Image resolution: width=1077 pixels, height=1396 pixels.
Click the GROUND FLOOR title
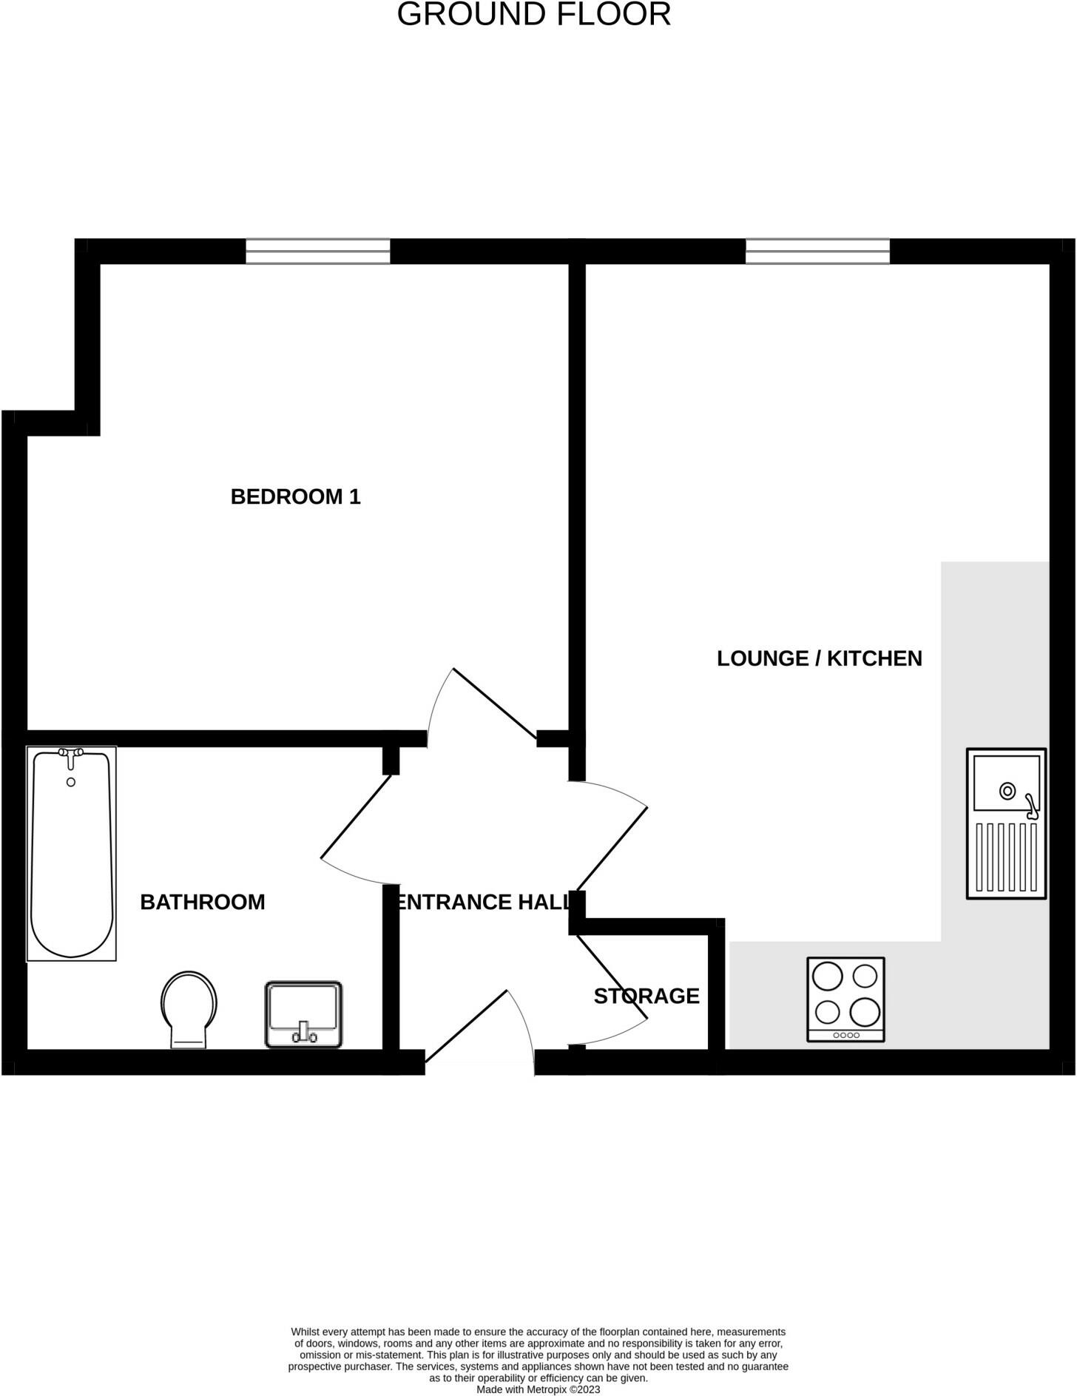[x=533, y=15]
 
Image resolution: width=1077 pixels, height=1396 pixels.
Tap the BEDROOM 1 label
[x=295, y=496]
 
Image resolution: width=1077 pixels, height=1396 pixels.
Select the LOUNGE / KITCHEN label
[x=819, y=658]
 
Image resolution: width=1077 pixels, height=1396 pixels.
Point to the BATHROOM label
[x=202, y=902]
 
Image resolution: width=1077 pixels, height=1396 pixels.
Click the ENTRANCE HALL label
[x=485, y=902]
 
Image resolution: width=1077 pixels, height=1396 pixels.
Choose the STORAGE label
[x=646, y=996]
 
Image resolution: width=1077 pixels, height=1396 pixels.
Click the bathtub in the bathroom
[x=71, y=858]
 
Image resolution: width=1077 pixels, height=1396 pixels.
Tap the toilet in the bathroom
[x=189, y=1008]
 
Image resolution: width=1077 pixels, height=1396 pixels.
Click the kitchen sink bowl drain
[x=1007, y=791]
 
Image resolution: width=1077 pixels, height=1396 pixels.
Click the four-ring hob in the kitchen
[x=845, y=999]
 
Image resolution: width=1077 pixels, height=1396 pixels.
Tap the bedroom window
[x=318, y=252]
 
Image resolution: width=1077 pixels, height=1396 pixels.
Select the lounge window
[x=817, y=252]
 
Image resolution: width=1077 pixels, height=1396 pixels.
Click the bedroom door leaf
[x=494, y=704]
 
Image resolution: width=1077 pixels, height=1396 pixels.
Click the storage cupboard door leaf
[x=611, y=977]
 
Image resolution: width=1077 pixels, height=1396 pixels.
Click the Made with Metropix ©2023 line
[x=538, y=1389]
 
